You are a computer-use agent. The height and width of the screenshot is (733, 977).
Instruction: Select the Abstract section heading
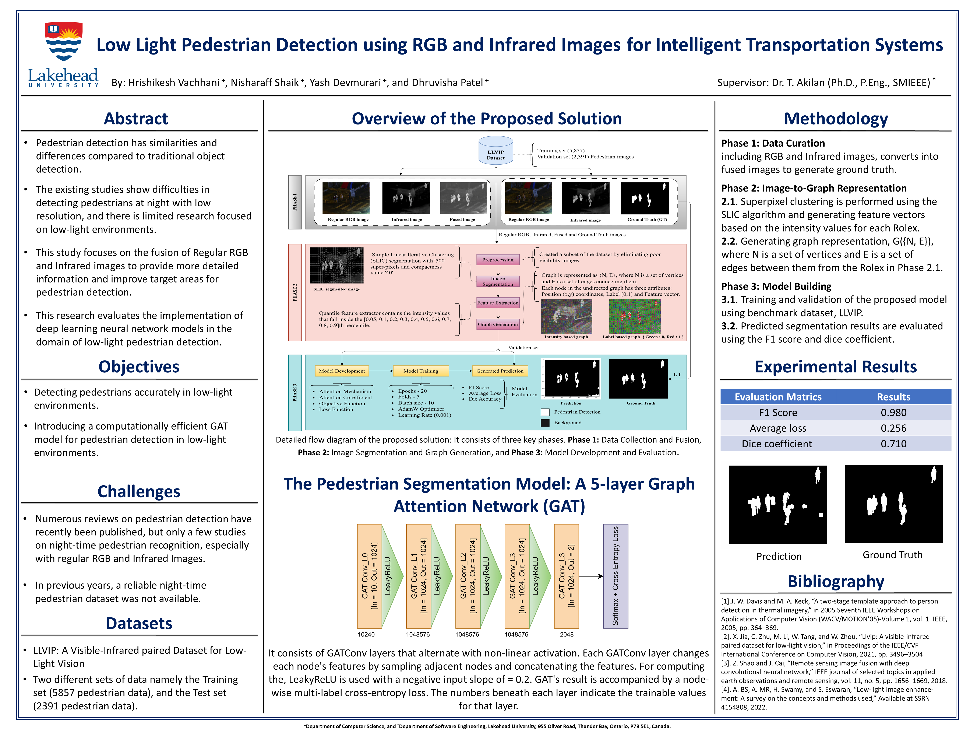click(136, 118)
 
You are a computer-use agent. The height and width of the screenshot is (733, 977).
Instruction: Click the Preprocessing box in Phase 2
click(498, 260)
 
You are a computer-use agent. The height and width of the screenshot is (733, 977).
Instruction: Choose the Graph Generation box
click(498, 324)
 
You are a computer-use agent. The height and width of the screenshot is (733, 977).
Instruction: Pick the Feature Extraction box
click(498, 303)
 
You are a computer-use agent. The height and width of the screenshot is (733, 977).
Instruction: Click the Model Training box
click(420, 371)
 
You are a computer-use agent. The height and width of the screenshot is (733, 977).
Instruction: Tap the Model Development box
click(342, 371)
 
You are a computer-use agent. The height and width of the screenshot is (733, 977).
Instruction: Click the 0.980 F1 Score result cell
click(893, 412)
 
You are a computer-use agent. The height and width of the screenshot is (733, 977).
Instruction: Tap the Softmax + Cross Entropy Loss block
click(615, 576)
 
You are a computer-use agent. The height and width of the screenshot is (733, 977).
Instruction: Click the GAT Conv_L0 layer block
click(369, 576)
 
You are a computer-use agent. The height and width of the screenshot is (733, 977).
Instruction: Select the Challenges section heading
click(139, 491)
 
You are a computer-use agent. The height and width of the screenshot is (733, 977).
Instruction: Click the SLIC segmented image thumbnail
click(336, 265)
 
